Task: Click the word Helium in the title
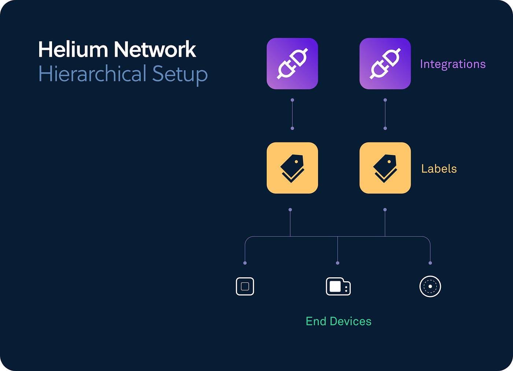[x=73, y=49]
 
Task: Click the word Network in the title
[x=155, y=49]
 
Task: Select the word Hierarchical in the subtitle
[x=92, y=74]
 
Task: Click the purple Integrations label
[x=453, y=64]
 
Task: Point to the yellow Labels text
[x=439, y=169]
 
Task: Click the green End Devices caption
[x=339, y=321]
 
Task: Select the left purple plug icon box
[x=292, y=64]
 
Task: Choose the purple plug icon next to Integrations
[x=385, y=64]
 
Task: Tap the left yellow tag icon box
[x=292, y=168]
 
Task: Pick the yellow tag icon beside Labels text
[x=385, y=168]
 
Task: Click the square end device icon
[x=245, y=286]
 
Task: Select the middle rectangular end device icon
[x=338, y=286]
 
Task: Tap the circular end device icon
[x=430, y=286]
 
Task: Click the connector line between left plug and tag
[x=292, y=114]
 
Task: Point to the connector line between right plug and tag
[x=385, y=114]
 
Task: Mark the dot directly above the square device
[x=245, y=263]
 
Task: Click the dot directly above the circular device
[x=430, y=263]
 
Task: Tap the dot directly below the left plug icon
[x=292, y=100]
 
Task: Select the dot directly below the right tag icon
[x=385, y=210]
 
